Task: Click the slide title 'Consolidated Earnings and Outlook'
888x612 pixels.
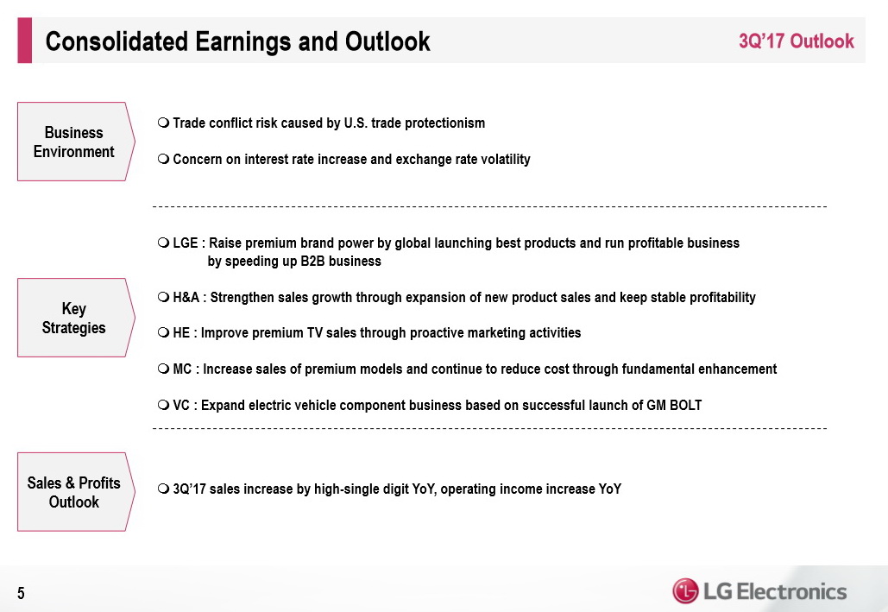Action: click(237, 41)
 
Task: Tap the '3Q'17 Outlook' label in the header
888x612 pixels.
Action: click(797, 41)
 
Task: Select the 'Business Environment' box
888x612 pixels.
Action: click(76, 142)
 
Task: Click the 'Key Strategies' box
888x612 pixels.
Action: click(76, 318)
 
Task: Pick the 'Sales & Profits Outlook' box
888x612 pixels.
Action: click(76, 492)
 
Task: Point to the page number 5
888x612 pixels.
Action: click(21, 593)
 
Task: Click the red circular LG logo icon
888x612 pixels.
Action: click(685, 591)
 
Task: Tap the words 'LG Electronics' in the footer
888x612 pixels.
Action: click(775, 591)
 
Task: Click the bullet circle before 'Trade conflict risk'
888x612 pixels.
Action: click(164, 123)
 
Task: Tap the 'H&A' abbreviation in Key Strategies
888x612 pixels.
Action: click(186, 298)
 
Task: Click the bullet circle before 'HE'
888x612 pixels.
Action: click(164, 332)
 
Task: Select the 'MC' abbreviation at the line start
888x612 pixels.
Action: click(182, 369)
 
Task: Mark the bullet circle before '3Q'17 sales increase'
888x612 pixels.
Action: click(164, 489)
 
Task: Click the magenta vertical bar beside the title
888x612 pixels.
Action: click(24, 41)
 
